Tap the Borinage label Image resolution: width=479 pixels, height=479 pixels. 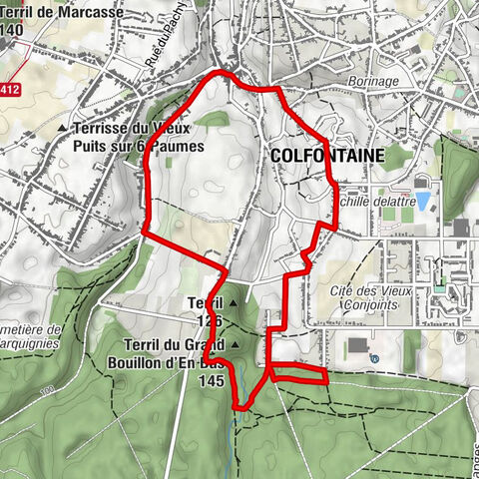pyautogui.click(x=374, y=81)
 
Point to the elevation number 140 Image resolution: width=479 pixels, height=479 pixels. pyautogui.click(x=13, y=30)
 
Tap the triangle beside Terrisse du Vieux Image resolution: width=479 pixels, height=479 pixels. pyautogui.click(x=62, y=129)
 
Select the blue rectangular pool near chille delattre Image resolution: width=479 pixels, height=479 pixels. pyautogui.click(x=423, y=201)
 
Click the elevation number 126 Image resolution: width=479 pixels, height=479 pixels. pyautogui.click(x=208, y=321)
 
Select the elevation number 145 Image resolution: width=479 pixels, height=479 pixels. pyautogui.click(x=211, y=380)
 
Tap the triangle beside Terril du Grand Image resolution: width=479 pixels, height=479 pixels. pyautogui.click(x=236, y=345)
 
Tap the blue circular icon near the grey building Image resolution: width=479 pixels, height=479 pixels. pyautogui.click(x=373, y=358)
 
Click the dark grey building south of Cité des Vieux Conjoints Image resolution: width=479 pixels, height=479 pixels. pyautogui.click(x=357, y=345)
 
